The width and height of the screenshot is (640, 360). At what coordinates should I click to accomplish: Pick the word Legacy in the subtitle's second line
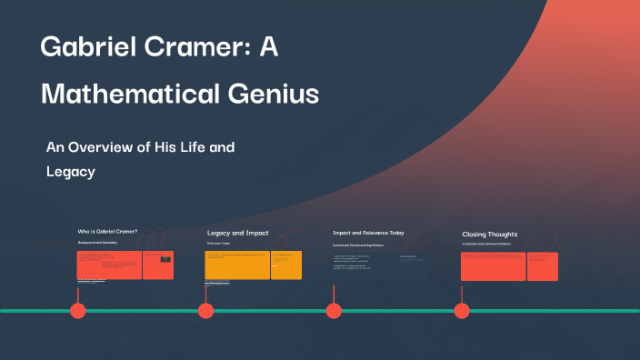click(71, 171)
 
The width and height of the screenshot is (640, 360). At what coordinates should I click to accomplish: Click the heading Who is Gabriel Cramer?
click(107, 232)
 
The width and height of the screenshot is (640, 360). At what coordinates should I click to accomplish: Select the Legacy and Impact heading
click(237, 233)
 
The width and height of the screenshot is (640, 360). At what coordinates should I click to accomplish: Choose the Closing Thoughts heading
click(489, 234)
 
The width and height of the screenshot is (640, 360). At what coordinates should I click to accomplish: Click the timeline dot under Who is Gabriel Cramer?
click(78, 311)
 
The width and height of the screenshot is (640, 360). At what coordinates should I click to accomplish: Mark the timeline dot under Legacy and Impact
click(205, 311)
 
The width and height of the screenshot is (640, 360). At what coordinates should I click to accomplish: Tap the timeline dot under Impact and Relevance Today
click(334, 311)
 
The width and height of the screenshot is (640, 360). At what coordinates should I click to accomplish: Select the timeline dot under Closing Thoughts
click(462, 311)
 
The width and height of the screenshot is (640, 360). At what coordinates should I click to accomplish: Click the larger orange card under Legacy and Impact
click(237, 265)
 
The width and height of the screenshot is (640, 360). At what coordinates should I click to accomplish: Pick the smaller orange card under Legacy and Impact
click(286, 265)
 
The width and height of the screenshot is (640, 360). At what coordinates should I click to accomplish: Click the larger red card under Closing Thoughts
click(494, 266)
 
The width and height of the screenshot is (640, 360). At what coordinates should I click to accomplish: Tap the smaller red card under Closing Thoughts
click(543, 266)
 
